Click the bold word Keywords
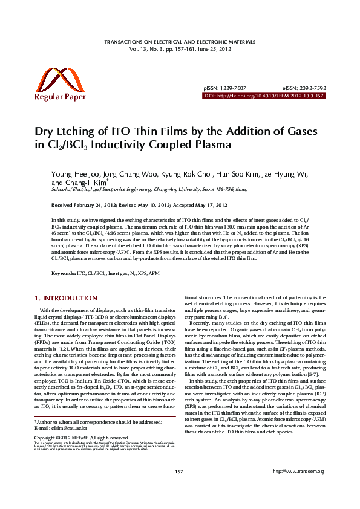coord(63,274)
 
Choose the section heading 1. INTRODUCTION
coord(65,297)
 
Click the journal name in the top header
coord(180,42)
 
